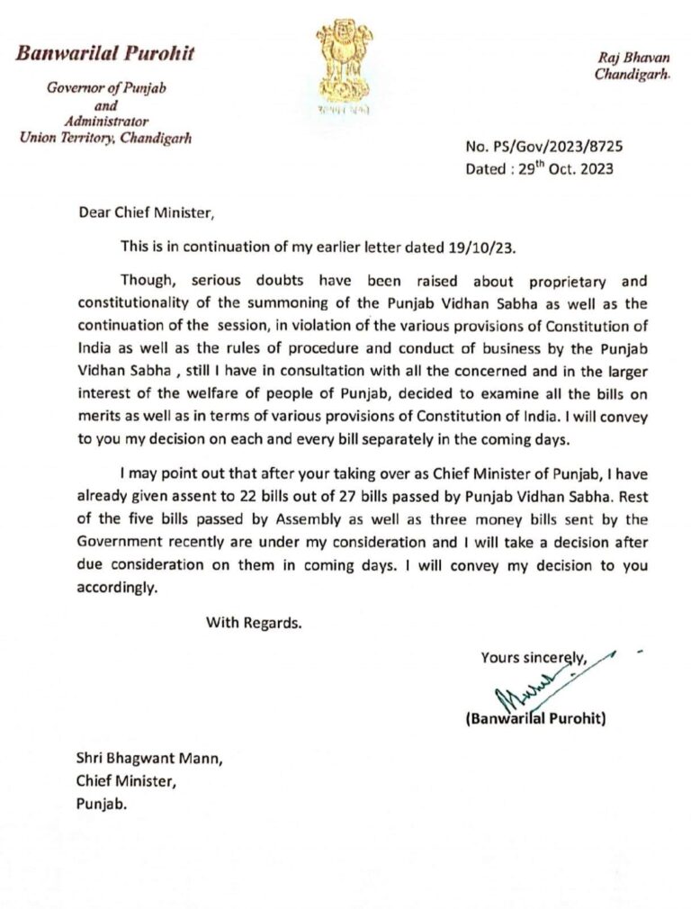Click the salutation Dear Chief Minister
pos(147,214)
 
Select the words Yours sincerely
pos(534,657)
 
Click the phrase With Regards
pos(253,621)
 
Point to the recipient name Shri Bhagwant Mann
pos(148,759)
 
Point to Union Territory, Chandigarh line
pos(106,138)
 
